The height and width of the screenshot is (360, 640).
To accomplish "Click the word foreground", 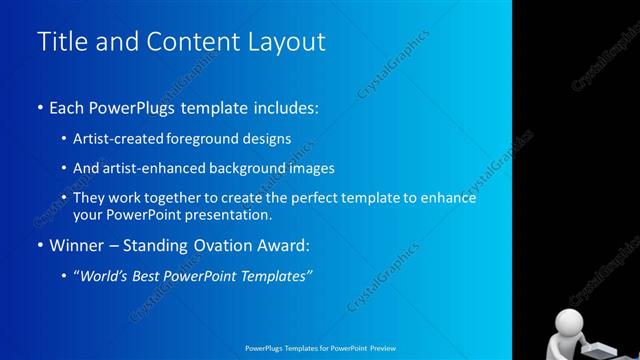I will tap(211, 139).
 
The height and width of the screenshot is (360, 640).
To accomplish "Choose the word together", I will tap(193, 198).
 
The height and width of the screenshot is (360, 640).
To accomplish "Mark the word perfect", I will tap(317, 198).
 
